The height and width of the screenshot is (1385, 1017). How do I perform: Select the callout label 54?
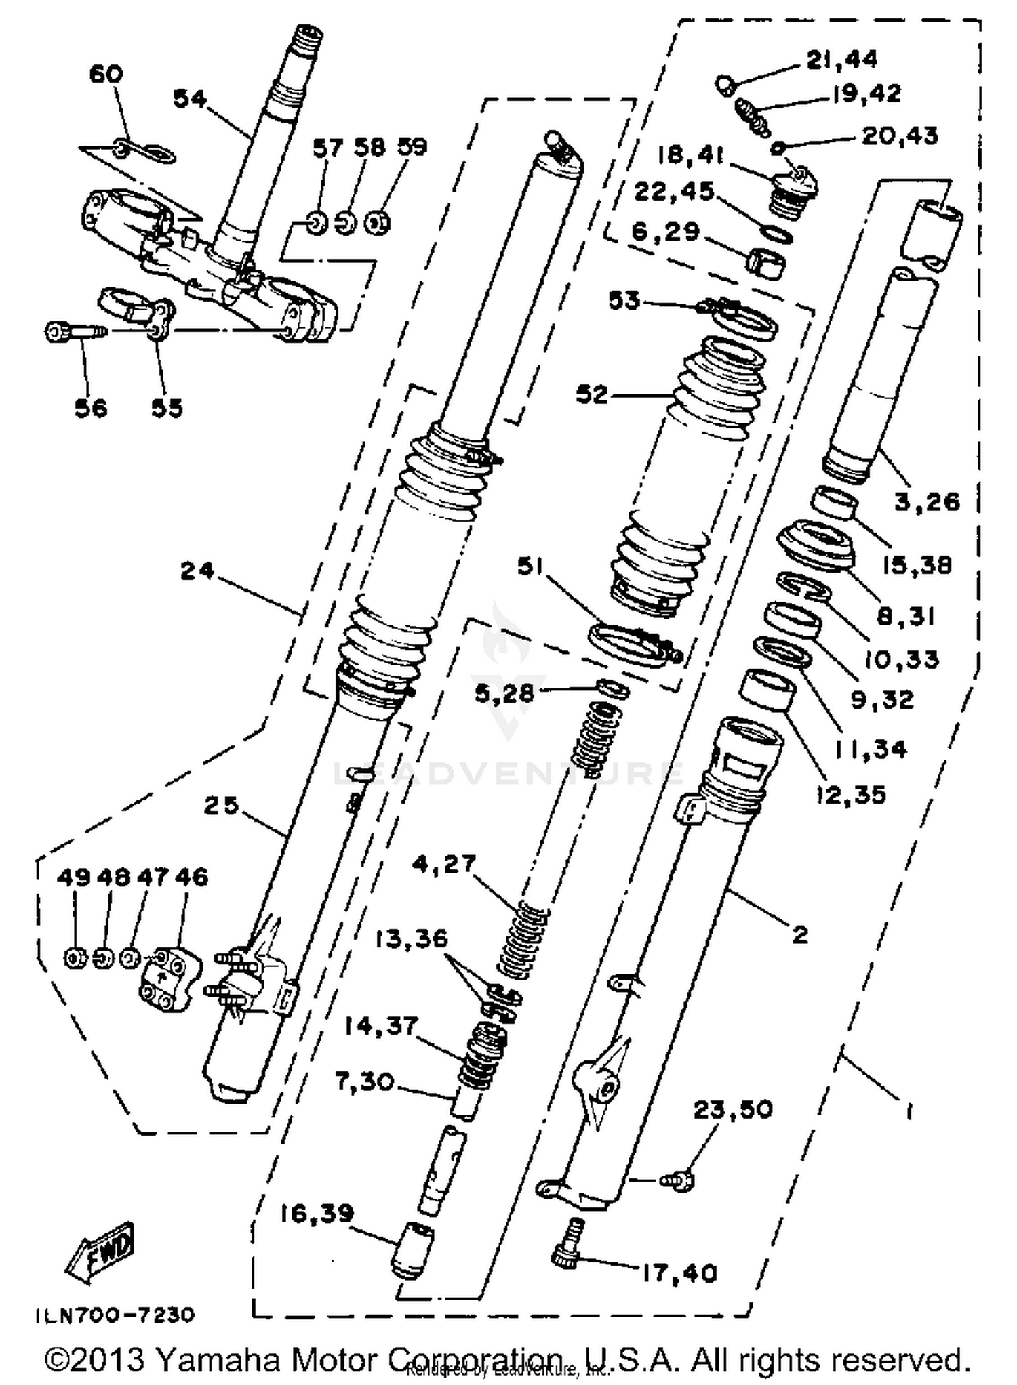click(x=189, y=99)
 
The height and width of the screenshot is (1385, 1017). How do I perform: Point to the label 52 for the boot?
click(x=592, y=394)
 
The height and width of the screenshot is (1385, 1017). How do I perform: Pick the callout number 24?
click(x=197, y=571)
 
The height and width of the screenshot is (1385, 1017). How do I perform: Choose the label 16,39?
click(x=317, y=1212)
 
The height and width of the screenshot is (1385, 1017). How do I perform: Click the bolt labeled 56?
click(x=75, y=332)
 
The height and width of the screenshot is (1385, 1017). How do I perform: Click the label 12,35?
click(x=850, y=794)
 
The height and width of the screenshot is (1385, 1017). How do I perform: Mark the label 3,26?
click(x=927, y=502)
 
